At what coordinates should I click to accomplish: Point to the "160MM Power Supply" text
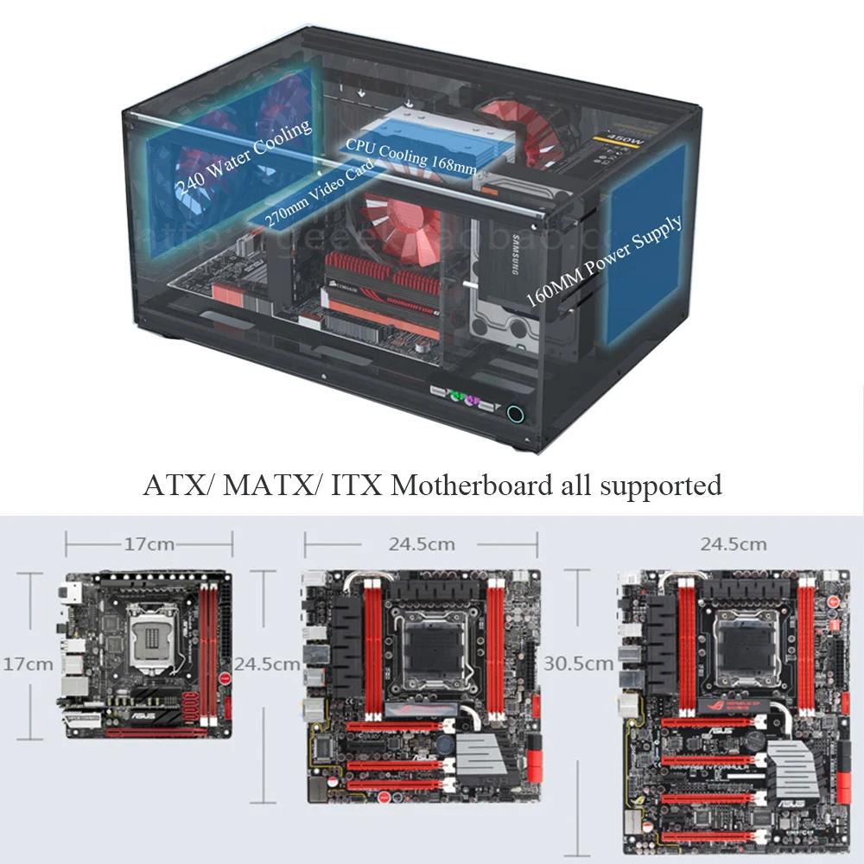point(604,259)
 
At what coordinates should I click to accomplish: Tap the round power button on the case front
point(516,413)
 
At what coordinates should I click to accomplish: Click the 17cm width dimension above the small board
point(149,544)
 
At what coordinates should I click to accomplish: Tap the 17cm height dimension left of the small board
point(28,664)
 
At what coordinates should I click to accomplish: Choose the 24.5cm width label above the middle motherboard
point(422,544)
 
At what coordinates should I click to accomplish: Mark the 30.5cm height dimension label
point(579,664)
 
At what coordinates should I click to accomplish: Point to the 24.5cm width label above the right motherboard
point(734,544)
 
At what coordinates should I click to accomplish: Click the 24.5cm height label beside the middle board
point(267,664)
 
